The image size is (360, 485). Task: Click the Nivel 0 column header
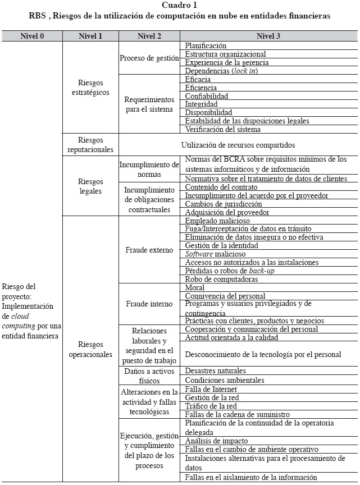click(31, 36)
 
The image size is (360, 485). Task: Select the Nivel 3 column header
click(268, 36)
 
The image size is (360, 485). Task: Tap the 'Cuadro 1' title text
click(180, 5)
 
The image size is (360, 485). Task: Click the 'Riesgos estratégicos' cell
click(90, 88)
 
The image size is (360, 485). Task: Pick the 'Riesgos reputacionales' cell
click(90, 145)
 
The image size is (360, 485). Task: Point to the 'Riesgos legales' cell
click(90, 186)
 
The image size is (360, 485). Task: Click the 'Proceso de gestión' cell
click(149, 58)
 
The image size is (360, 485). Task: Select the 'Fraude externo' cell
click(149, 250)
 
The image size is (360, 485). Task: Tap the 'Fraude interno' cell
click(149, 304)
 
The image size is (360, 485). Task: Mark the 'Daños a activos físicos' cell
click(149, 376)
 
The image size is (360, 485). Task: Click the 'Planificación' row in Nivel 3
click(206, 45)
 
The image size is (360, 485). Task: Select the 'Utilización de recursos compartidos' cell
click(238, 145)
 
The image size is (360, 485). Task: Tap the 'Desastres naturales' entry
click(216, 371)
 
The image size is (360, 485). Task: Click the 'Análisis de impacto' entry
click(216, 441)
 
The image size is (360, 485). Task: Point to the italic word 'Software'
click(199, 254)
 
